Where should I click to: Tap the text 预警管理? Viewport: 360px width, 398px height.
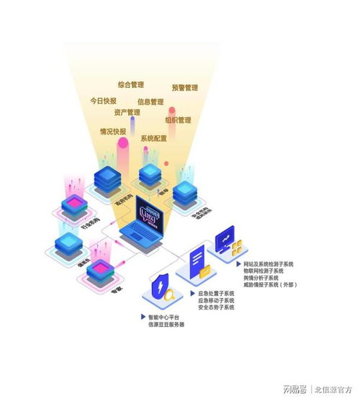tap(185, 88)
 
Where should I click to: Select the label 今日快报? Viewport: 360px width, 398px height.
tap(103, 101)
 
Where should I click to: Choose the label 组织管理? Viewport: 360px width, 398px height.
tap(178, 120)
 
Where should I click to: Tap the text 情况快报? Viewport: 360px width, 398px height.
tap(113, 132)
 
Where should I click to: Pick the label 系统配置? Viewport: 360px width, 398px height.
tap(153, 138)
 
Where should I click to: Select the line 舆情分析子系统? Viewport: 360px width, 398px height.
tap(263, 278)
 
